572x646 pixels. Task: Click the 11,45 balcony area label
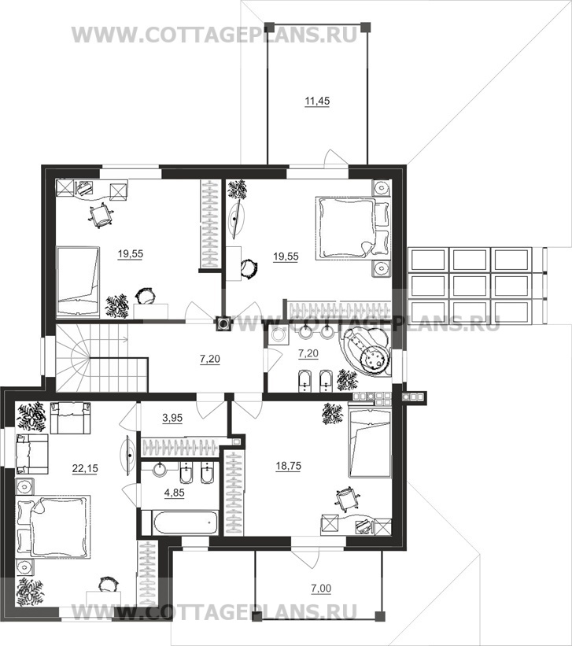[317, 101]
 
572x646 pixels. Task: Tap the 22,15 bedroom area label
[85, 468]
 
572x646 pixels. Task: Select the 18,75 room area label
[289, 466]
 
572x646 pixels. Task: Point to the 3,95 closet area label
[172, 418]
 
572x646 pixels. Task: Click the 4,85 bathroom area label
[175, 493]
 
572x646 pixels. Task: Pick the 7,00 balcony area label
[321, 589]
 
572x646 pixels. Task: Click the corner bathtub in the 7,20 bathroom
[365, 353]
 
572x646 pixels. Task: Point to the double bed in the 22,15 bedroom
[53, 527]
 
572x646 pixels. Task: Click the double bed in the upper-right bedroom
[352, 228]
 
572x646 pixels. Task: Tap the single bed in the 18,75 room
[370, 441]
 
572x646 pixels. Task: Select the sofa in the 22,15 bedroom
[70, 417]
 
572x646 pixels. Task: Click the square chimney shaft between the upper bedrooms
[223, 323]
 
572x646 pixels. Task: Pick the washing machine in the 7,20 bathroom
[279, 336]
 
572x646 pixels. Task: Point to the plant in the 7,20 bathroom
[346, 380]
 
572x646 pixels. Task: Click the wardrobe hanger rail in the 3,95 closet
[179, 447]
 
